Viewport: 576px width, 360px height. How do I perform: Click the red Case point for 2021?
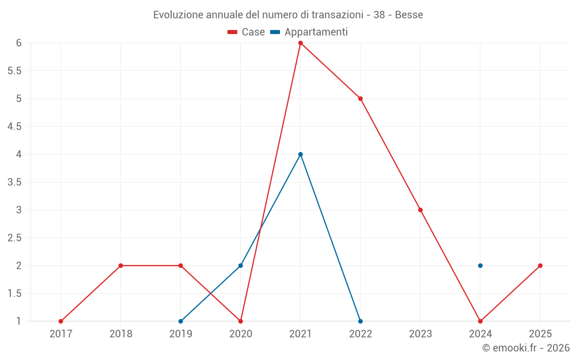[x=301, y=43]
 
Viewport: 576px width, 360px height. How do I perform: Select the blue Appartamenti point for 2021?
[x=301, y=154]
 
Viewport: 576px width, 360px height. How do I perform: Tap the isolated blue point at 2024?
[x=480, y=266]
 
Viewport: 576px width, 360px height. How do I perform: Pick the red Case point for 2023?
[x=420, y=210]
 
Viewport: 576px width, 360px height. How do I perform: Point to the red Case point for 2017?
[x=61, y=321]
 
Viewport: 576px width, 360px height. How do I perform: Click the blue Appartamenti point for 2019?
[x=181, y=321]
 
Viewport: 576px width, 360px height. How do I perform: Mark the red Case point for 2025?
[x=540, y=266]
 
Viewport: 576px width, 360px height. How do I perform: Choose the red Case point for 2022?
[x=361, y=99]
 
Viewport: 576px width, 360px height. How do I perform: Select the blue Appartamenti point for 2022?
[x=361, y=321]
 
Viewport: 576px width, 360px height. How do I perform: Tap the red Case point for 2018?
[x=121, y=266]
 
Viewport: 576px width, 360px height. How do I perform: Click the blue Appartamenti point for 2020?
[x=241, y=266]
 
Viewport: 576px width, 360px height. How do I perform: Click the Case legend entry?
[x=246, y=32]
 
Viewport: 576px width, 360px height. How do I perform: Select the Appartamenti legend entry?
[x=309, y=32]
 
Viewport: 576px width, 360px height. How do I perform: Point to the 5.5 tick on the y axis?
[x=14, y=71]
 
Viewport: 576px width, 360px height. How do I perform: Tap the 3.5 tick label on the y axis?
[x=14, y=182]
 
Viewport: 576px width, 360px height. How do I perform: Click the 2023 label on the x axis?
[x=420, y=334]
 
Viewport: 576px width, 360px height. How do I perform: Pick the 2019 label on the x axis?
[x=181, y=334]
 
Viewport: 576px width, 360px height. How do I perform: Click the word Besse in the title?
[x=409, y=15]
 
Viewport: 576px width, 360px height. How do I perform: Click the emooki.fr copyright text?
[x=526, y=347]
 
